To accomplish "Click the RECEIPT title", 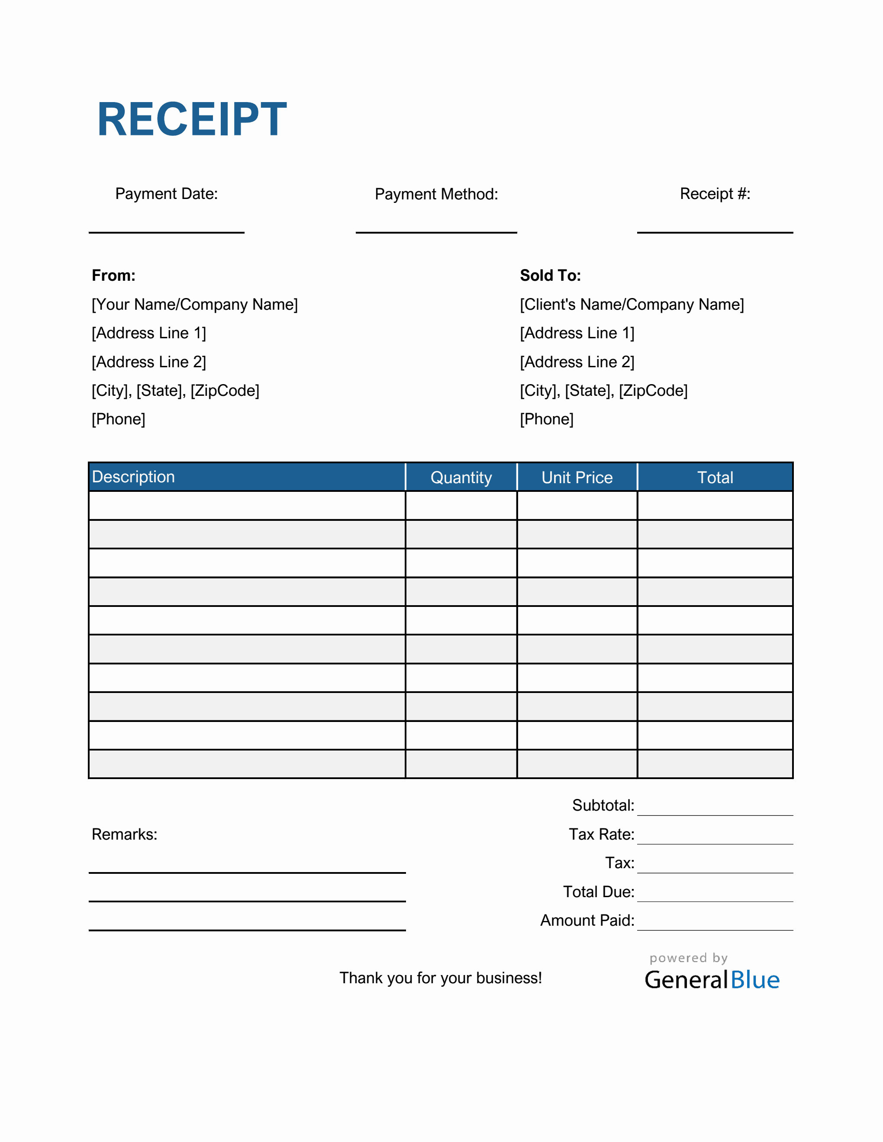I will click(x=192, y=119).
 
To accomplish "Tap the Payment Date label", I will click(x=166, y=193).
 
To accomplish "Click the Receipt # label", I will click(x=715, y=193).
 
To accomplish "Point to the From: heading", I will click(x=113, y=276).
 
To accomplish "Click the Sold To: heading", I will click(x=550, y=276).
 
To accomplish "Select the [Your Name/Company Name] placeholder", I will click(x=195, y=305).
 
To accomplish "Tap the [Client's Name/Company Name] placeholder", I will click(x=632, y=305).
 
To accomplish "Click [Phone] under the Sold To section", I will click(x=547, y=419).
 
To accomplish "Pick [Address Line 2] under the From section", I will click(x=148, y=362).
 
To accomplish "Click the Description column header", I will click(x=133, y=477).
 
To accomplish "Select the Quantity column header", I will click(x=461, y=478).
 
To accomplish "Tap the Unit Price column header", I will click(x=577, y=478).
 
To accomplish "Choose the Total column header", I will click(x=715, y=478).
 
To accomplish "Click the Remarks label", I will click(x=125, y=834).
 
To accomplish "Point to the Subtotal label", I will click(x=603, y=805).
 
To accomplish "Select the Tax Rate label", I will click(x=602, y=834).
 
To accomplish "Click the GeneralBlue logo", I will click(x=712, y=979).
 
